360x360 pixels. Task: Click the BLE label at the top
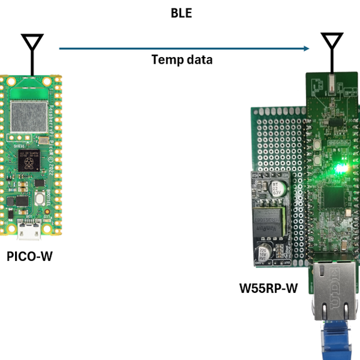(x=181, y=13)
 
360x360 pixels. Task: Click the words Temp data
(x=182, y=59)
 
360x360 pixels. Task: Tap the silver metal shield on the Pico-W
(x=29, y=116)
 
